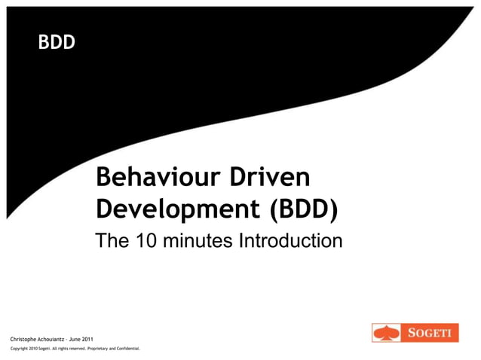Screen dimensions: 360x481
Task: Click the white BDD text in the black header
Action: coord(57,43)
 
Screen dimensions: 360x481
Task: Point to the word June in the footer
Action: coord(75,340)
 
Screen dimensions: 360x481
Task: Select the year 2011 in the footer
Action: coord(88,340)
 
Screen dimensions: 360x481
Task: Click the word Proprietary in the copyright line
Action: coord(96,349)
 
